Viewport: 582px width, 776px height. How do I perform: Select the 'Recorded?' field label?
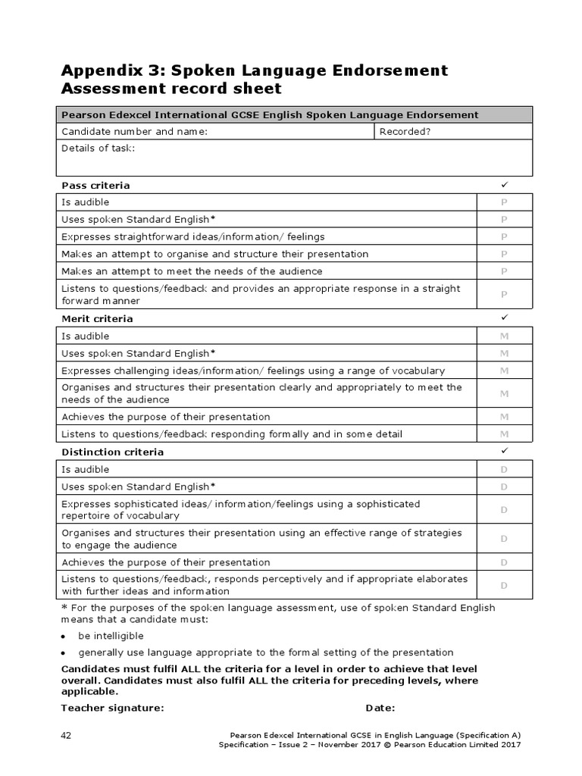point(405,132)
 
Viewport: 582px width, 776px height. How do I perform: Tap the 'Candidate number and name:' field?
point(134,132)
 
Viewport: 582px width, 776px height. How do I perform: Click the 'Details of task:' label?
point(98,149)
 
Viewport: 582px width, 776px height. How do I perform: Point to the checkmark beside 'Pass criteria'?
point(504,185)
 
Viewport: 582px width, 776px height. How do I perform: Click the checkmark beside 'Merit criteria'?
point(504,318)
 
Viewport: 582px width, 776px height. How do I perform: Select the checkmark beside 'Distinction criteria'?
point(504,451)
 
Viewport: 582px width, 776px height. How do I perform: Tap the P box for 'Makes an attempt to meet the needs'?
point(504,271)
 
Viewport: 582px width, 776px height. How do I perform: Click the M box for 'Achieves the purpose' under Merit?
point(504,417)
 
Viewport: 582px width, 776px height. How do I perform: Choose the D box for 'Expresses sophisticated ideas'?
point(504,510)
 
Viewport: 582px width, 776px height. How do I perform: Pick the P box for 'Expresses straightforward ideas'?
point(504,236)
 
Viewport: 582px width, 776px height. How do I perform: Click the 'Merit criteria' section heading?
point(97,319)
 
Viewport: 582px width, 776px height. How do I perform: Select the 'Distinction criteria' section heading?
point(112,452)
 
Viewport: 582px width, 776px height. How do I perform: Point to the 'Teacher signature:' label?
point(112,708)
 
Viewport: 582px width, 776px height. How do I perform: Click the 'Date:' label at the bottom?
point(380,708)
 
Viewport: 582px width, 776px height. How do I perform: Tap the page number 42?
point(67,736)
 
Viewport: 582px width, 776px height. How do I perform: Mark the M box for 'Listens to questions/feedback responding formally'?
point(504,434)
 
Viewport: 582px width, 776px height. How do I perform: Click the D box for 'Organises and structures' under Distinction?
point(504,539)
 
